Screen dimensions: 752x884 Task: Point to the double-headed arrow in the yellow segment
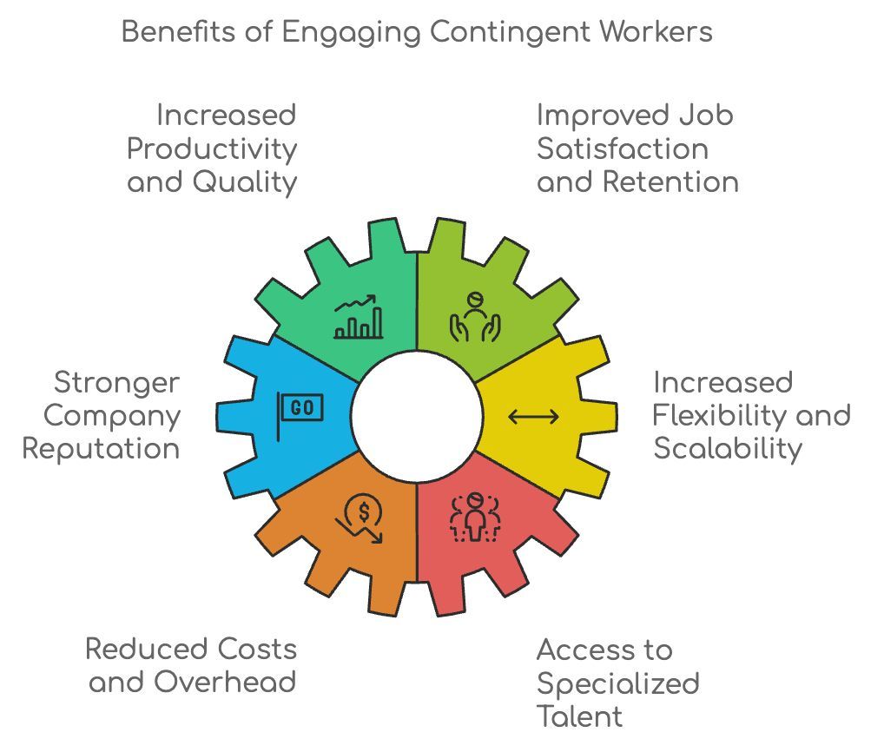(x=533, y=417)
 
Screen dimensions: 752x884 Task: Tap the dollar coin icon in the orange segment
(x=360, y=518)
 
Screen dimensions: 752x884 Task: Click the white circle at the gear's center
(x=417, y=417)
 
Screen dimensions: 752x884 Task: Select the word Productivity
(x=212, y=148)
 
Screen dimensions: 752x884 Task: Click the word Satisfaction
(x=623, y=148)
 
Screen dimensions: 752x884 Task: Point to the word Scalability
(x=728, y=449)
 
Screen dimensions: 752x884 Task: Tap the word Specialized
(x=617, y=683)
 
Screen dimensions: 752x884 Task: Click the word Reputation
(x=101, y=449)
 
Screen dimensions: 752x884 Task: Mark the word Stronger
(x=116, y=382)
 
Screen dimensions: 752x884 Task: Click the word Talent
(x=579, y=716)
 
